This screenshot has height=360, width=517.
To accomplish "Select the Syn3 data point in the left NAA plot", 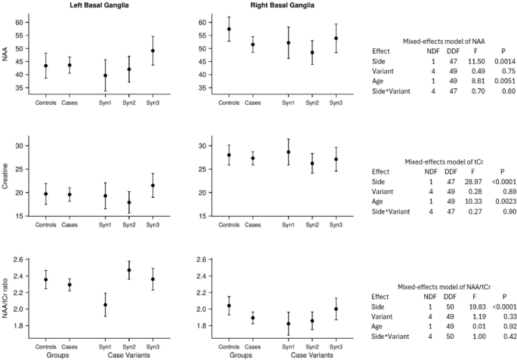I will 152,51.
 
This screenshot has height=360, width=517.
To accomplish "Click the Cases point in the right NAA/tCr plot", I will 253,318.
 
